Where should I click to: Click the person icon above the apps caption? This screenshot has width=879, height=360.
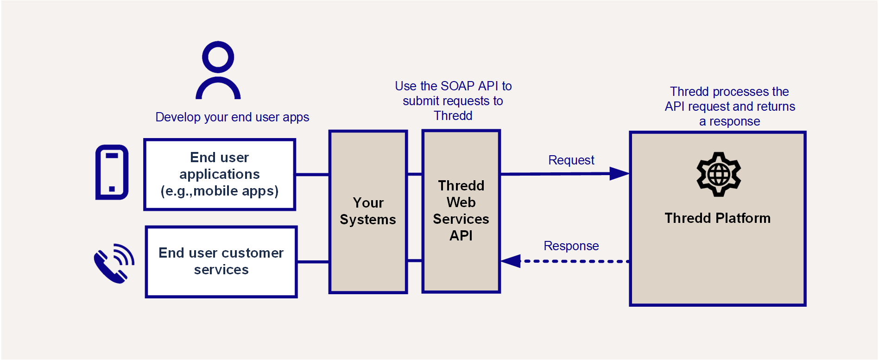pos(218,70)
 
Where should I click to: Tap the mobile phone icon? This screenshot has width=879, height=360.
pos(112,172)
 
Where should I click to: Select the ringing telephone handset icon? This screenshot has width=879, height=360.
pos(114,263)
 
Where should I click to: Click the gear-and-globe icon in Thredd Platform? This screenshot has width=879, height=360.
pos(719,174)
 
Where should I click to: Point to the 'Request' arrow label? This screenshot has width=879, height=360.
pos(571,160)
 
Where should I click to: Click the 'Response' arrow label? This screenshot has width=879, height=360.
pos(571,246)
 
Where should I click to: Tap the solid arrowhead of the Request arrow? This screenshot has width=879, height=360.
pos(619,174)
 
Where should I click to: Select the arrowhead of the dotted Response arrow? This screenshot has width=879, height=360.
pos(511,261)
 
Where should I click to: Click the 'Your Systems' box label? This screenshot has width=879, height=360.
pos(368,211)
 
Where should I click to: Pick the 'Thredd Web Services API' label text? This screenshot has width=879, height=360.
pos(461,211)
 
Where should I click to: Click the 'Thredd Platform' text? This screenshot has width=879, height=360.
pos(717,218)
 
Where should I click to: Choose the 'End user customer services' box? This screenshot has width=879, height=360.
pos(221,262)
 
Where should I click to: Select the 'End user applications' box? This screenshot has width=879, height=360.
pos(220,175)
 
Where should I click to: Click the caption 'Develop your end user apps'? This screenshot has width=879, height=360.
pos(232,117)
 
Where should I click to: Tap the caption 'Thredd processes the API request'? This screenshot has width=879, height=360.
pos(730,107)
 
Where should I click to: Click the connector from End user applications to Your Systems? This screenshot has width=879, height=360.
pos(312,175)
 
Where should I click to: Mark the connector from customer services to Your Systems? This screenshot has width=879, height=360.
pos(313,262)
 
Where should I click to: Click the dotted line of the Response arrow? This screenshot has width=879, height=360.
pos(575,261)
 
